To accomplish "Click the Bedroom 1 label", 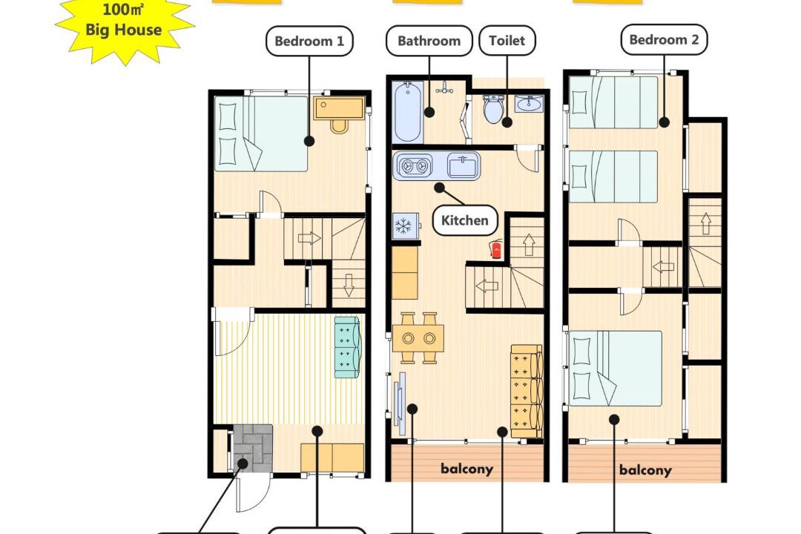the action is coord(309,41).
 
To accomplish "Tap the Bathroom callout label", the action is coord(429,41).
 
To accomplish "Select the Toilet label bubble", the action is coord(507,41).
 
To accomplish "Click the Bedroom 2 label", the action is coord(664,40).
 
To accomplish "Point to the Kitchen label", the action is coord(465,220).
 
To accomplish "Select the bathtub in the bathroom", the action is coord(408,112).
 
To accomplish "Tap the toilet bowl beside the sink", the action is coord(493,109).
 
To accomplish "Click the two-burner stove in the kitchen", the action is coord(414,166).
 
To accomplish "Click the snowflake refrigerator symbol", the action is coord(405,225).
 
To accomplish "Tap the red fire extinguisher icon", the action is coord(495,249).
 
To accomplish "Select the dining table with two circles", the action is coord(418,337).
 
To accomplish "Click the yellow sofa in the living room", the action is coord(527,391).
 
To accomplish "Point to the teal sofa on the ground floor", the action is coord(347,348).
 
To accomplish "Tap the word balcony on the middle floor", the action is coord(467,469).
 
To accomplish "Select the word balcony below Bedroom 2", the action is coord(645,470).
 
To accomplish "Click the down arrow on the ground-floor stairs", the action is coord(349,285).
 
